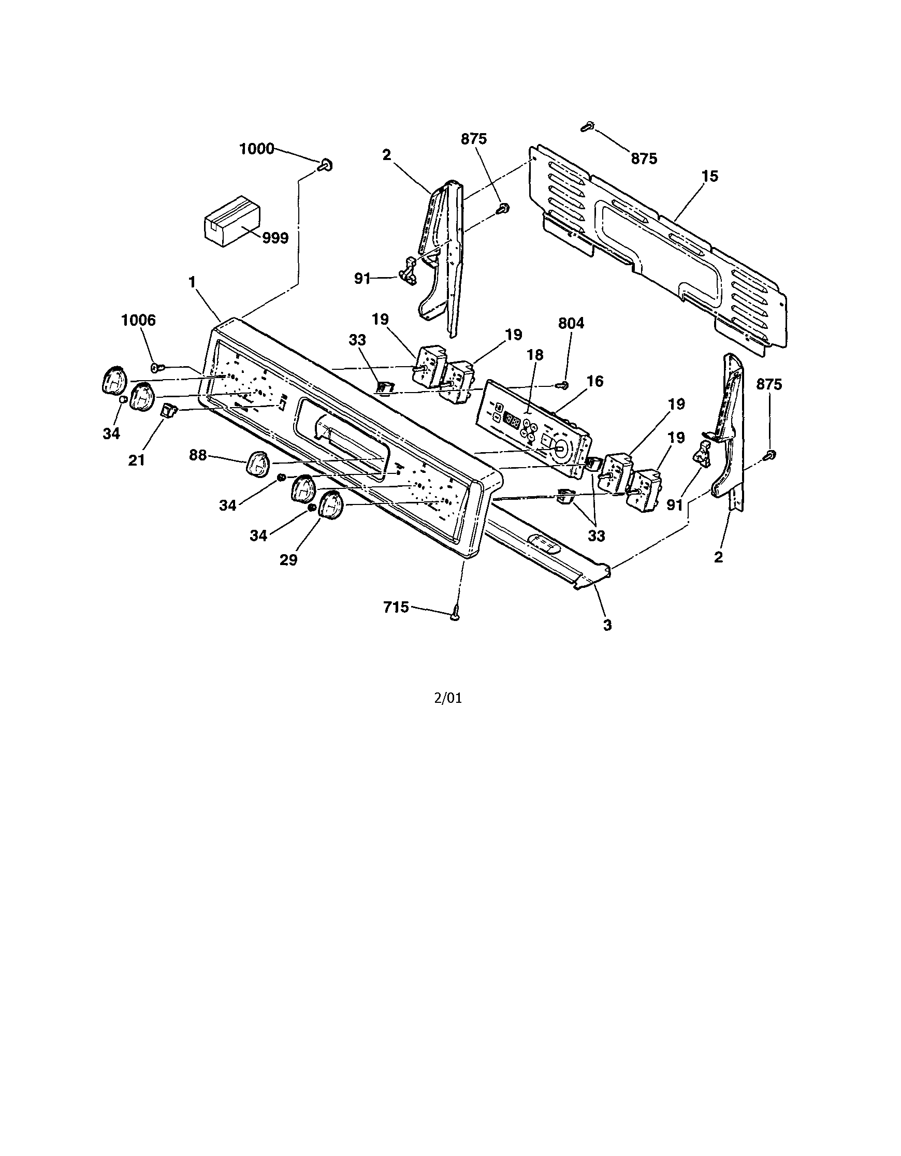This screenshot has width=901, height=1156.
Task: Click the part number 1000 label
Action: [257, 149]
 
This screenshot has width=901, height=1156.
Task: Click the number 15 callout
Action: [709, 176]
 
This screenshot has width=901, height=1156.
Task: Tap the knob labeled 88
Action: [258, 466]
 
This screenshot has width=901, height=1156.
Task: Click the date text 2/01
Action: [447, 698]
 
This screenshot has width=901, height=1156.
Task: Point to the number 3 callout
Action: [607, 625]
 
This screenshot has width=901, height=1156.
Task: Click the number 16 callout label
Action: [595, 381]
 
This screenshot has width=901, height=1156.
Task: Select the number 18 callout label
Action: [535, 355]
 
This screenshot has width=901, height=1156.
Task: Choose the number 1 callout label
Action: [192, 282]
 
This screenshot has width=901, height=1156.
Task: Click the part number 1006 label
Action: [138, 320]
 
